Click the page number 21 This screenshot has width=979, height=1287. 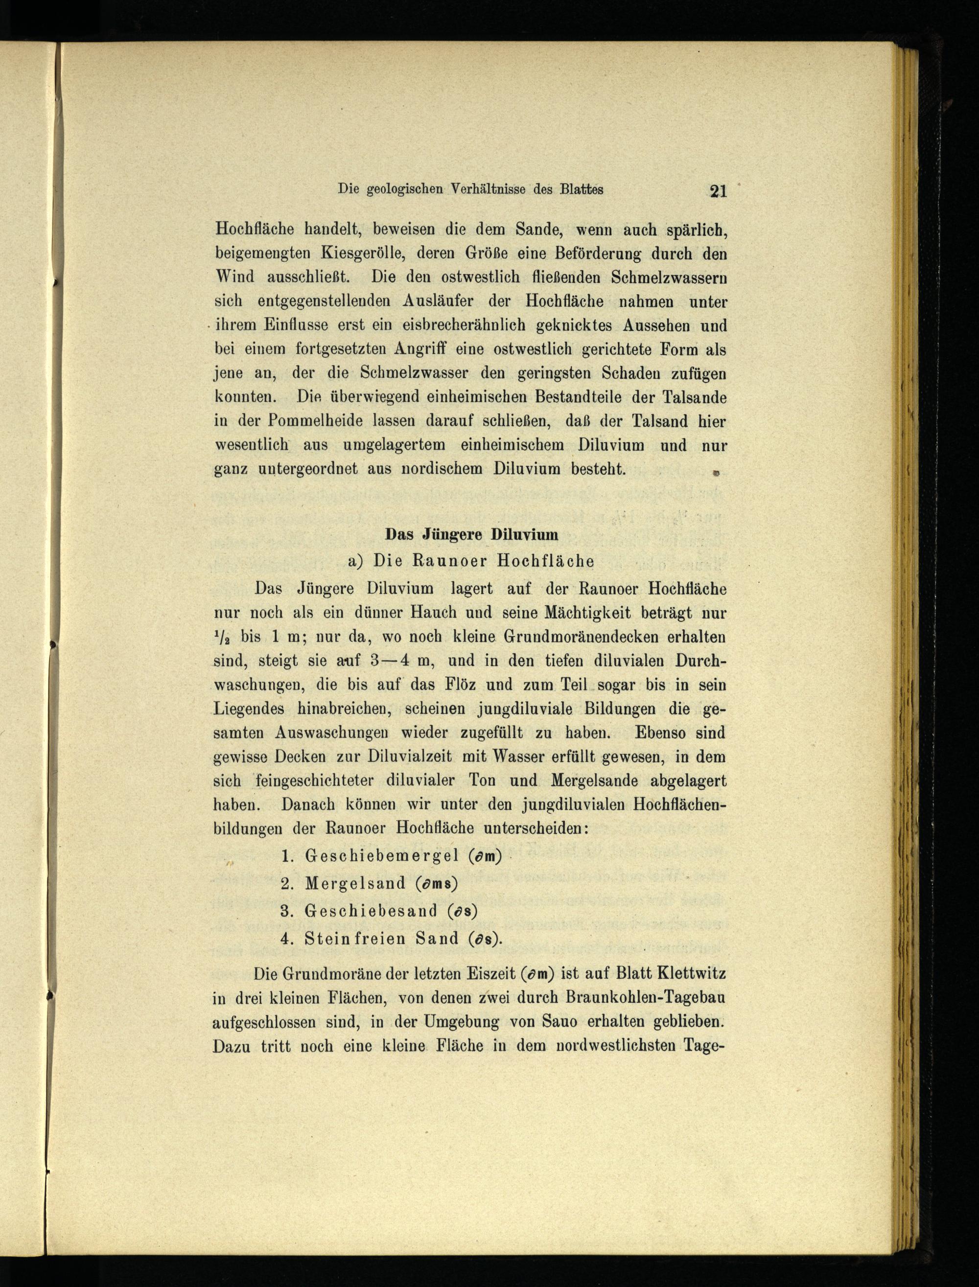(x=718, y=191)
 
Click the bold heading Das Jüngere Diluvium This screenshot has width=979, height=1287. (x=471, y=534)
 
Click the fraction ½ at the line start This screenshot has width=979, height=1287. (x=223, y=636)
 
